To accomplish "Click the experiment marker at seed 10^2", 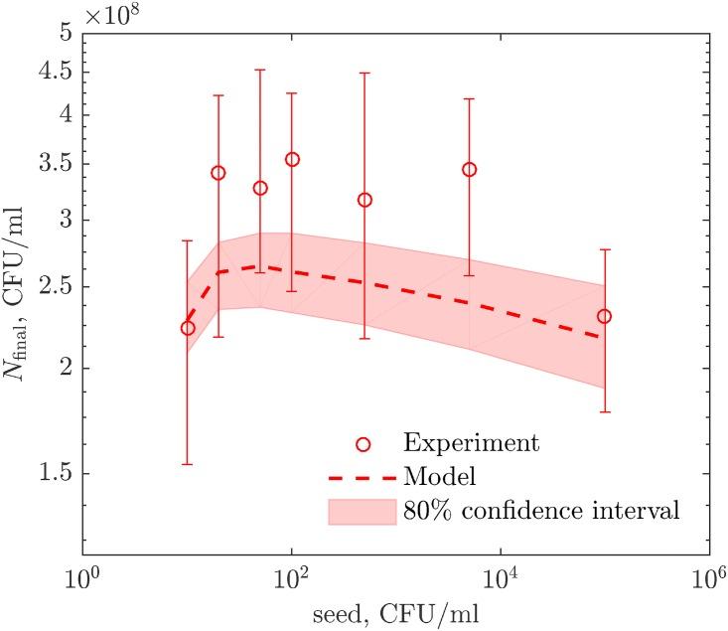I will click(292, 159).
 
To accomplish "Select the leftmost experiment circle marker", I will click(188, 328).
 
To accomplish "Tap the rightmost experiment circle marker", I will click(604, 316).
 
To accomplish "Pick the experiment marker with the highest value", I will click(292, 159).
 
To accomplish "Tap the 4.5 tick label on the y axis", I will click(54, 72).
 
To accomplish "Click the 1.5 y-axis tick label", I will click(54, 473).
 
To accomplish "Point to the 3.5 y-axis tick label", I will click(54, 164).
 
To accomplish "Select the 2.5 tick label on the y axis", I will click(54, 287).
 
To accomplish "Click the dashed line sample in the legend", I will click(362, 476).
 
